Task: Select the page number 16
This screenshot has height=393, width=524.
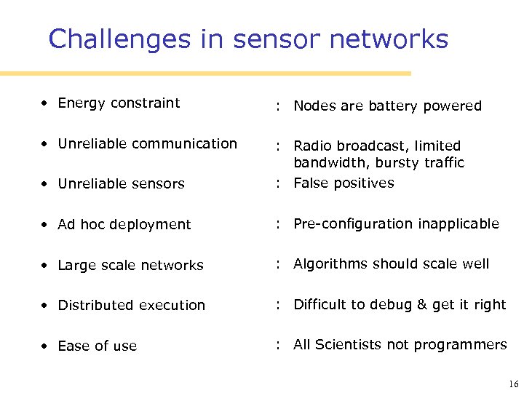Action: (x=513, y=384)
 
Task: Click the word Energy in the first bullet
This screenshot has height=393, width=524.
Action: (x=81, y=103)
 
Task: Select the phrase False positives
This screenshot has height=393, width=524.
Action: (x=344, y=183)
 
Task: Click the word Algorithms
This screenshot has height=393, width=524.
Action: (x=327, y=264)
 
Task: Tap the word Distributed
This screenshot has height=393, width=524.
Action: (x=95, y=305)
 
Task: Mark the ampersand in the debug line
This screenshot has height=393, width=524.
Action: (x=421, y=305)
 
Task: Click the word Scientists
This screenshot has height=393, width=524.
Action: (x=345, y=344)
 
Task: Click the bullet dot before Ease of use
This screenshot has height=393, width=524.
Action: (x=45, y=346)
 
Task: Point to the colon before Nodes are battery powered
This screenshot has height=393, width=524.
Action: (x=279, y=107)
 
